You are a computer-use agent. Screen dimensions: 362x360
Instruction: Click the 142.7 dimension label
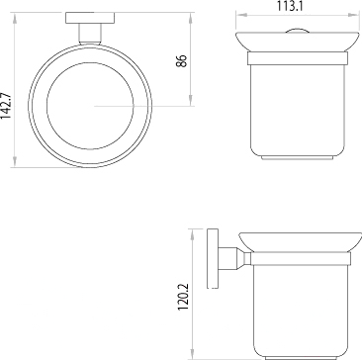click(x=6, y=106)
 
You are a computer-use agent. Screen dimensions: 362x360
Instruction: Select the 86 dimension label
click(x=182, y=61)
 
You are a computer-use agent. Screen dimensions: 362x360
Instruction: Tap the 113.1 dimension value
click(x=290, y=6)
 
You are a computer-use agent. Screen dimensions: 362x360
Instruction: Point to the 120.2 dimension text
click(x=183, y=297)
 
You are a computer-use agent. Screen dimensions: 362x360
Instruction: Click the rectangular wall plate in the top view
click(x=90, y=18)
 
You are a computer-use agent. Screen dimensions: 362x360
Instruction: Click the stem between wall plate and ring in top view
click(x=90, y=34)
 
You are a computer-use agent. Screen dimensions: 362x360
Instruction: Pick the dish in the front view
click(x=297, y=42)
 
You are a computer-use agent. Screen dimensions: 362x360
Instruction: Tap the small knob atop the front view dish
click(x=297, y=31)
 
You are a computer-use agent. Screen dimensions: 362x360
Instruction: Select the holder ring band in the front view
click(x=298, y=58)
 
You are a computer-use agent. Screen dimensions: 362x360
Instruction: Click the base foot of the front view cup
click(x=297, y=158)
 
